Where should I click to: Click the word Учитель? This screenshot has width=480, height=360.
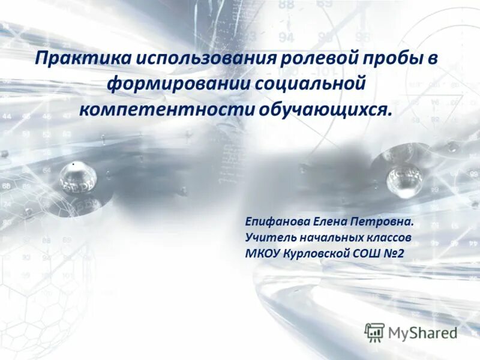point(268,238)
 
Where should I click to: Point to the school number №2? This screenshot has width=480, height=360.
point(392,254)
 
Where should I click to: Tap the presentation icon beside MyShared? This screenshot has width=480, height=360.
point(374,332)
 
